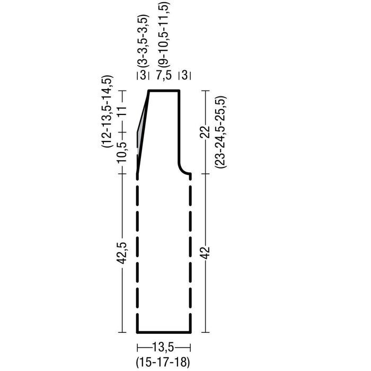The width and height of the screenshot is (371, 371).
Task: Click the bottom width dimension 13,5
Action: click(163, 348)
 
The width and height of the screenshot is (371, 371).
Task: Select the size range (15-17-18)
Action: click(163, 362)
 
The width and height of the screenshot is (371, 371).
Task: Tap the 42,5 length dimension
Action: click(122, 253)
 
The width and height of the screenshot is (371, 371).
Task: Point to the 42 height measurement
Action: click(206, 252)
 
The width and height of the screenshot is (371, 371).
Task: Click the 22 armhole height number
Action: click(206, 132)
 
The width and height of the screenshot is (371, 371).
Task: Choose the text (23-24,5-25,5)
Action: click(221, 132)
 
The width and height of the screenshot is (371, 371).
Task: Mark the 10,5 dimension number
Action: click(122, 152)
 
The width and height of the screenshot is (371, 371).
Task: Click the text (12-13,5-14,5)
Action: click(108, 111)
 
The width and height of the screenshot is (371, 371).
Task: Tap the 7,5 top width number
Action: click(164, 76)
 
